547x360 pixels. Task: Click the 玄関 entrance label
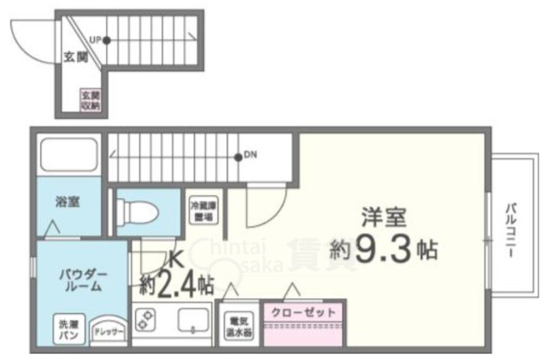coord(76,59)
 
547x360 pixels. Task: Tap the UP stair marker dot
coord(106,39)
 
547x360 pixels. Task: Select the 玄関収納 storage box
coord(91,99)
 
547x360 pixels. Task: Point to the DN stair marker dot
coord(238,156)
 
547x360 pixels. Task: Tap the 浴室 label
coord(68,204)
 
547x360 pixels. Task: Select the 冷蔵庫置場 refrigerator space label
coord(203,210)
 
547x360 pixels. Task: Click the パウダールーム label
coord(82,280)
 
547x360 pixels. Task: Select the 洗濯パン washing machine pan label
coord(68,329)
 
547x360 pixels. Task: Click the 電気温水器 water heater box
coord(238,324)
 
